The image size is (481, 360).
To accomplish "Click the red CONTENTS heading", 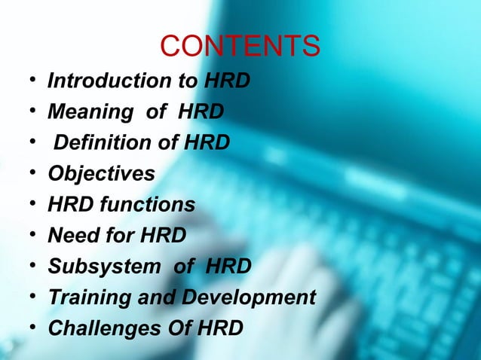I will [240, 47].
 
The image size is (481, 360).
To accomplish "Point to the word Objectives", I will [101, 174].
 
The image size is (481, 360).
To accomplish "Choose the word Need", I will [72, 236].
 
